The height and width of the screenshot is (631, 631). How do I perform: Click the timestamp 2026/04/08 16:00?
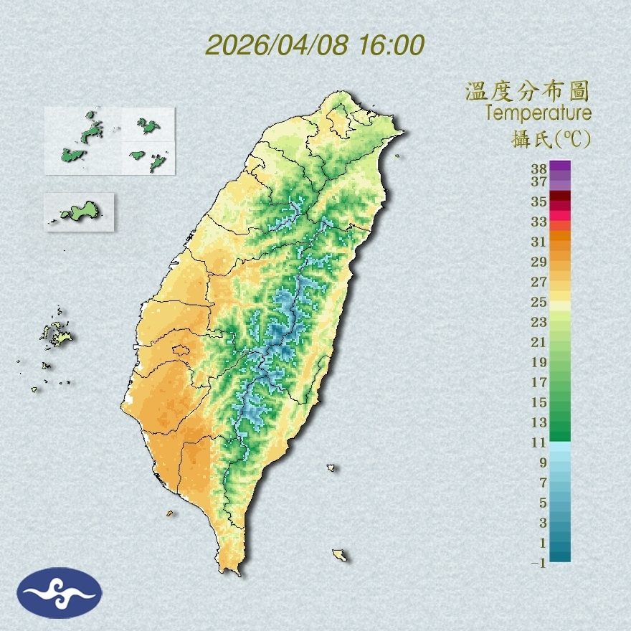pyautogui.click(x=315, y=44)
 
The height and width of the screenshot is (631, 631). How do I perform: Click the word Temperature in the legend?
pyautogui.click(x=538, y=113)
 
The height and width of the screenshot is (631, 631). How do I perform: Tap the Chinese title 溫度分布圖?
pyautogui.click(x=527, y=92)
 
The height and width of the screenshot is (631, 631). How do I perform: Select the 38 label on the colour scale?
pyautogui.click(x=539, y=169)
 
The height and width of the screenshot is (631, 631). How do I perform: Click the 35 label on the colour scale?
pyautogui.click(x=539, y=201)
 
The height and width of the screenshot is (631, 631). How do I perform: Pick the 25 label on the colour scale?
pyautogui.click(x=539, y=301)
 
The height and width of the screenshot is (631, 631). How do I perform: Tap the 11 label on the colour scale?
pyautogui.click(x=539, y=442)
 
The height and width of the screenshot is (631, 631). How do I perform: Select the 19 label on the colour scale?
pyautogui.click(x=539, y=362)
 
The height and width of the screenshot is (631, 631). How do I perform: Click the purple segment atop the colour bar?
pyautogui.click(x=560, y=166)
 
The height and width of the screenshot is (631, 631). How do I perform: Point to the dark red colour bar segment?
pyautogui.click(x=560, y=196)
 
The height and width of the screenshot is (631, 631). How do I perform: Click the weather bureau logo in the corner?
pyautogui.click(x=60, y=593)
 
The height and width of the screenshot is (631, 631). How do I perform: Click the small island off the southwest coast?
pyautogui.click(x=170, y=513)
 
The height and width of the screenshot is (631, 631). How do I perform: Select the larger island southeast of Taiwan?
pyautogui.click(x=339, y=555)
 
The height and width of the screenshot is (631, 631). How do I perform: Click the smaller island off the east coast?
pyautogui.click(x=331, y=468)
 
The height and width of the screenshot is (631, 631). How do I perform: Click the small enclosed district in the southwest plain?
pyautogui.click(x=181, y=351)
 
